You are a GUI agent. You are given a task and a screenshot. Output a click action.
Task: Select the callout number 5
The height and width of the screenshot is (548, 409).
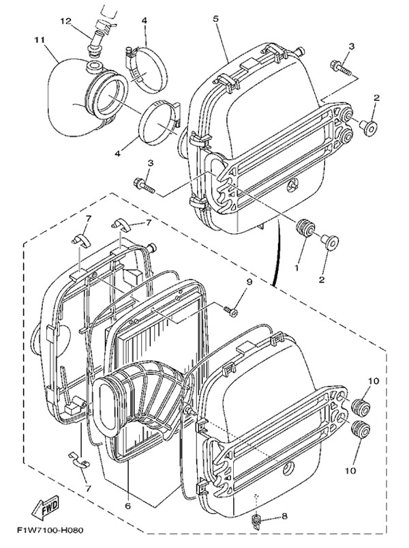(215, 18)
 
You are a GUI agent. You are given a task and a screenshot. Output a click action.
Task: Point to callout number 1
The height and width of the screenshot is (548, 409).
(297, 268)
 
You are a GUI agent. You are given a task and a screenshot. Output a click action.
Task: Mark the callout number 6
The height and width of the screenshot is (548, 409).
(127, 506)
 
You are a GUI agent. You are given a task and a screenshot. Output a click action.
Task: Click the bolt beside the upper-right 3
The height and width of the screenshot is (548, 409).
(340, 67)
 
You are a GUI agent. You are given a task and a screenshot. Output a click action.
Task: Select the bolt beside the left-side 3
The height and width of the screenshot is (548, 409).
(145, 184)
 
